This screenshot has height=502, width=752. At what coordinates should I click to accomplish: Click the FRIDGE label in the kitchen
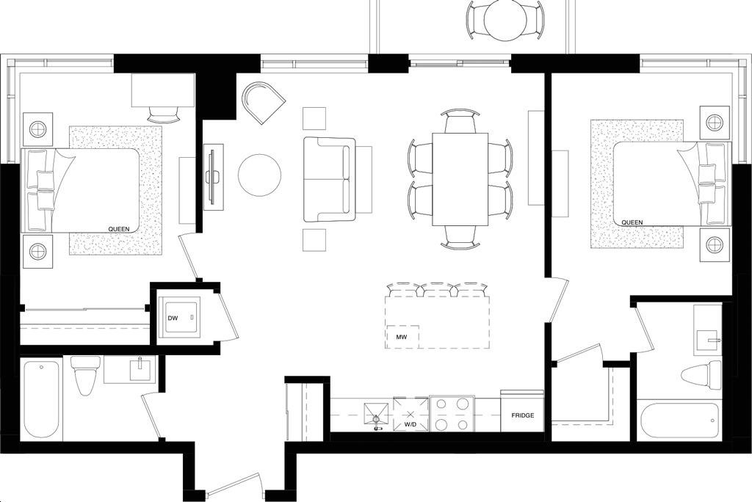pos(522,415)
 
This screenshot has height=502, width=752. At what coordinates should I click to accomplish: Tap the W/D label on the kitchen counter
pos(411,424)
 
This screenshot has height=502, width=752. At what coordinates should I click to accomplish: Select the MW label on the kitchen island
pos(401,336)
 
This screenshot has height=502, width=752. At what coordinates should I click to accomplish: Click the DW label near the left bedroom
pos(173,318)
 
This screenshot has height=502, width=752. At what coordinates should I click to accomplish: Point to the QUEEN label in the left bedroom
pos(118,229)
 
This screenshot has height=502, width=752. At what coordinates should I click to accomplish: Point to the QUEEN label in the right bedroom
pos(632,222)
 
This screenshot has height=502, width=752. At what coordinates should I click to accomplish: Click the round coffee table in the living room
pos(259,175)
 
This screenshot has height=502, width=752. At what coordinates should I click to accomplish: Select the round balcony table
pos(505,19)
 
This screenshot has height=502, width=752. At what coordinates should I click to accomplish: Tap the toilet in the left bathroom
pos(85,373)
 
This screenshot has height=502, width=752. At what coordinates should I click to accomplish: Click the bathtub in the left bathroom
pos(41,399)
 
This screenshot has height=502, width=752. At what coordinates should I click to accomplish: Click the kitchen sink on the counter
pos(376,415)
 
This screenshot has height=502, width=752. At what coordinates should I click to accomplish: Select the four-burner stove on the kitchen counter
pos(452,414)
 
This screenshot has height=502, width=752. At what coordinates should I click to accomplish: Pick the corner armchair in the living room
pos(262,103)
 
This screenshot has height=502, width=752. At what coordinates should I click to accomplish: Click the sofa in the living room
pos(330,179)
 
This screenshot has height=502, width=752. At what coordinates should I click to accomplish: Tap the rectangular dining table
pos(460,179)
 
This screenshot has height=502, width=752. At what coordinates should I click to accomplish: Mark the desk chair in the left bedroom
pos(164,114)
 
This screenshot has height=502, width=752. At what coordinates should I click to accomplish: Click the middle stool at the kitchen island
pos(437,289)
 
